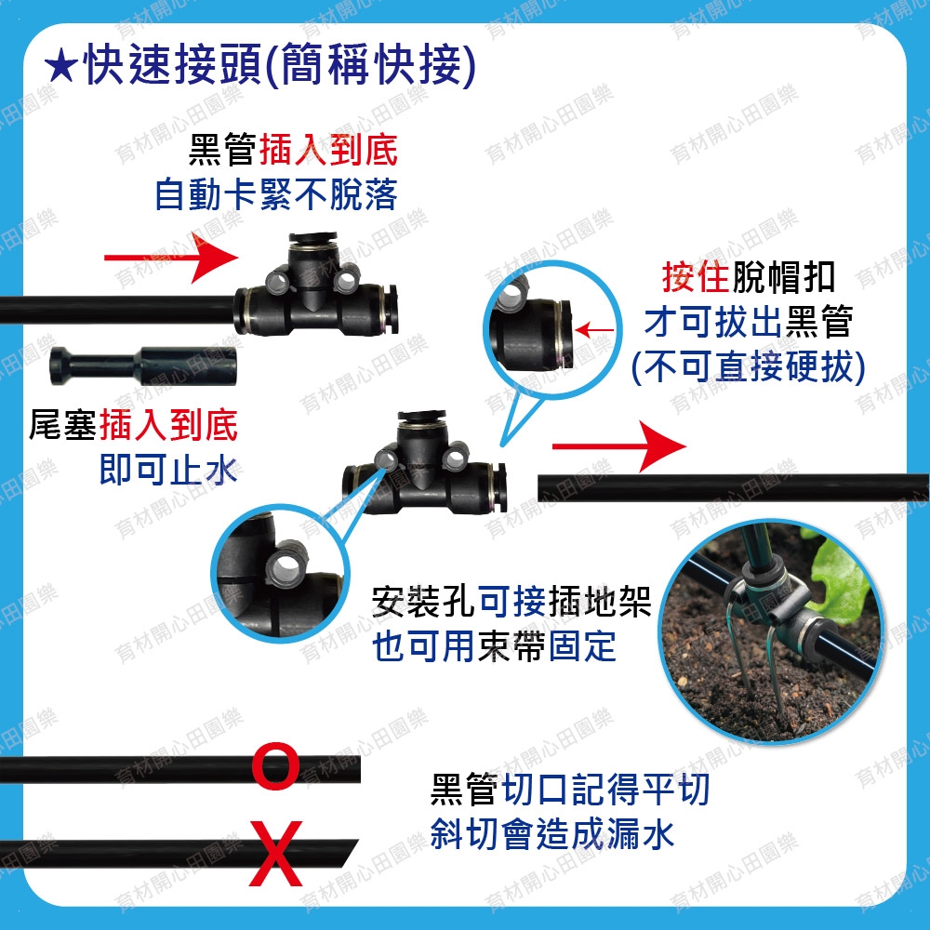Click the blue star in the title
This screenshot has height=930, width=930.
tap(60, 67)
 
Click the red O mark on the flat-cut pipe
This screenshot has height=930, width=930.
tap(275, 766)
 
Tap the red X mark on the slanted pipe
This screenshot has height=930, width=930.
tap(276, 854)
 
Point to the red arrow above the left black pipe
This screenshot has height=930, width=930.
tap(171, 258)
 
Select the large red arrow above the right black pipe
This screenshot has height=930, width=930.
tap(619, 446)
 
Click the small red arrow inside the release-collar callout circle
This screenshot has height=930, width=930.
tap(595, 330)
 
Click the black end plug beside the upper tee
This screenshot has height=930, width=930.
tap(143, 365)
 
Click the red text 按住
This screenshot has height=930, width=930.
tap(695, 276)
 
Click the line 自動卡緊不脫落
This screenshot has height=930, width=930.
tap(276, 194)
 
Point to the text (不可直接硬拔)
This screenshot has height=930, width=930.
tap(748, 366)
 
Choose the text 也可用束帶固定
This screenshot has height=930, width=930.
tap(494, 646)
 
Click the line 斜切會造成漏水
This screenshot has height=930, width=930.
tap(552, 834)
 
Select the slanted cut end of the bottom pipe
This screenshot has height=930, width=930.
tap(350, 854)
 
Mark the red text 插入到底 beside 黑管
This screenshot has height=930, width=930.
tap(328, 149)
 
